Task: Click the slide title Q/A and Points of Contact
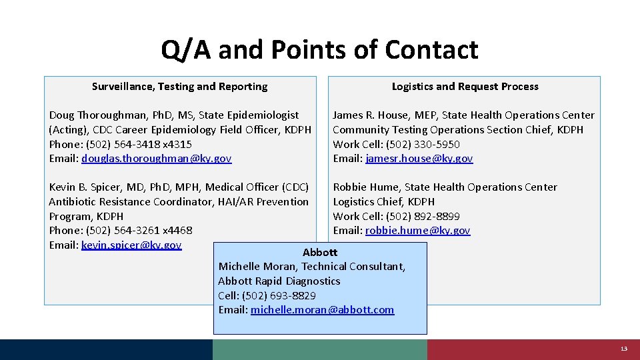(x=319, y=50)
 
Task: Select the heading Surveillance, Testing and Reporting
(x=179, y=87)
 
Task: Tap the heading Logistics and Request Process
(x=465, y=87)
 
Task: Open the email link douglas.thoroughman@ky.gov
(x=157, y=159)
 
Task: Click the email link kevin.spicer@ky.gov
(x=131, y=245)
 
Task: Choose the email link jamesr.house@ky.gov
(x=419, y=159)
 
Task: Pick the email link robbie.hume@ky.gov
(x=417, y=231)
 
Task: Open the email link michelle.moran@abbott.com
(x=322, y=310)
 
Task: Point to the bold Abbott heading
(x=320, y=253)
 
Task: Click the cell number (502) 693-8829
(x=279, y=295)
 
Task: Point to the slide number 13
(x=623, y=349)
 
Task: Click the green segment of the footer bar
(x=320, y=350)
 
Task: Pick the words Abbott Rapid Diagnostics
(x=279, y=281)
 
